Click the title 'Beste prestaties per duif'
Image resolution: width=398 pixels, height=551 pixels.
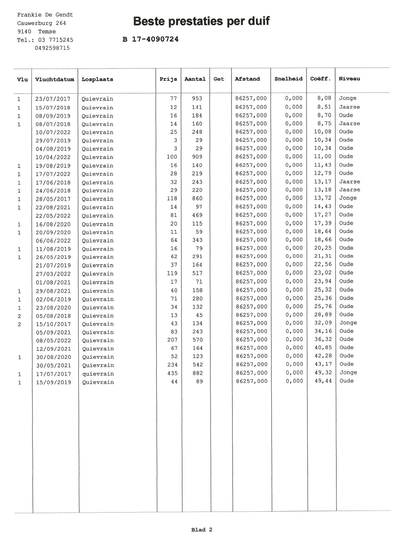coord(201,22)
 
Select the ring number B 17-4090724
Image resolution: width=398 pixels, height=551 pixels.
coord(150,39)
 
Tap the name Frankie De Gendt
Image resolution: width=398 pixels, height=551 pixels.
coord(45,15)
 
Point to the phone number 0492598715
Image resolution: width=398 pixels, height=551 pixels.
coord(52,48)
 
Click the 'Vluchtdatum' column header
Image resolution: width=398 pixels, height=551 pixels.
coord(54,79)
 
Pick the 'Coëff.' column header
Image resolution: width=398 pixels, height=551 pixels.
coord(320,79)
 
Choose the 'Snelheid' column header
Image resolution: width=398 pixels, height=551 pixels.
coord(288,79)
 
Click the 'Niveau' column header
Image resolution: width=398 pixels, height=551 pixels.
coord(349,79)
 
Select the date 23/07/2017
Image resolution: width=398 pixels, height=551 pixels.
coord(53,99)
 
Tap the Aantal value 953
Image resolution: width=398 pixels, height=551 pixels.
coord(197,98)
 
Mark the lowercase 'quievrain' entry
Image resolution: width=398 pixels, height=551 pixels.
coord(98,374)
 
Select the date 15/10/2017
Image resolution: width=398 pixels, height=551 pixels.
coord(53,324)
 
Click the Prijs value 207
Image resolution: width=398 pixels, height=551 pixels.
coord(172,340)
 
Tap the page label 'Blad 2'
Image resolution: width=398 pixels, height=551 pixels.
coord(202,530)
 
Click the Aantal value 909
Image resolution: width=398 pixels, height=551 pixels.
coord(197,157)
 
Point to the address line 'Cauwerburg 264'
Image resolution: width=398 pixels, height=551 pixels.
coord(41,23)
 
